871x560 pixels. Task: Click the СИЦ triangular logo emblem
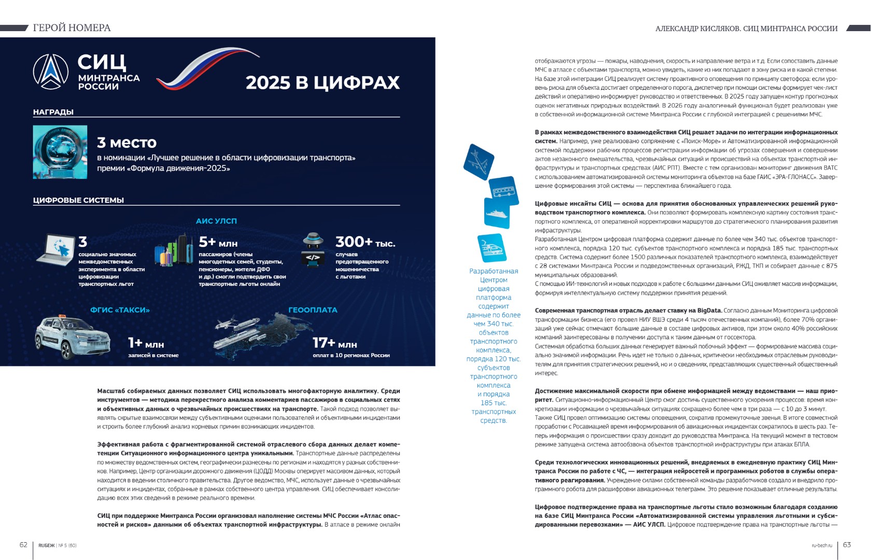(51, 72)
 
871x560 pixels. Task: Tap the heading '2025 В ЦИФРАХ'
(322, 83)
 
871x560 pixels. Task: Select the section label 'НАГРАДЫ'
(53, 112)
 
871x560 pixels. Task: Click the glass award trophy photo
(60, 152)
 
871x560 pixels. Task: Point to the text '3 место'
(127, 143)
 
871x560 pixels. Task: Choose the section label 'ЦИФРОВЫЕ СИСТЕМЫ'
(78, 200)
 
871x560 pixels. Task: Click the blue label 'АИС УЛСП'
(216, 221)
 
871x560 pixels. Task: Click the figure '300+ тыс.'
(365, 242)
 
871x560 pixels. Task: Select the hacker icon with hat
(313, 249)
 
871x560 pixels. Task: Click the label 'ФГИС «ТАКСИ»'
(120, 310)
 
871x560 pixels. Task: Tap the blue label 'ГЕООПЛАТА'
(313, 310)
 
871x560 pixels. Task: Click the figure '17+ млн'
(334, 343)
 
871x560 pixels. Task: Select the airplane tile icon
(479, 162)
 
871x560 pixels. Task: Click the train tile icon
(491, 248)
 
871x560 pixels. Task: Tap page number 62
(23, 545)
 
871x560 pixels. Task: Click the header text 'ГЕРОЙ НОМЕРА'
(72, 28)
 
